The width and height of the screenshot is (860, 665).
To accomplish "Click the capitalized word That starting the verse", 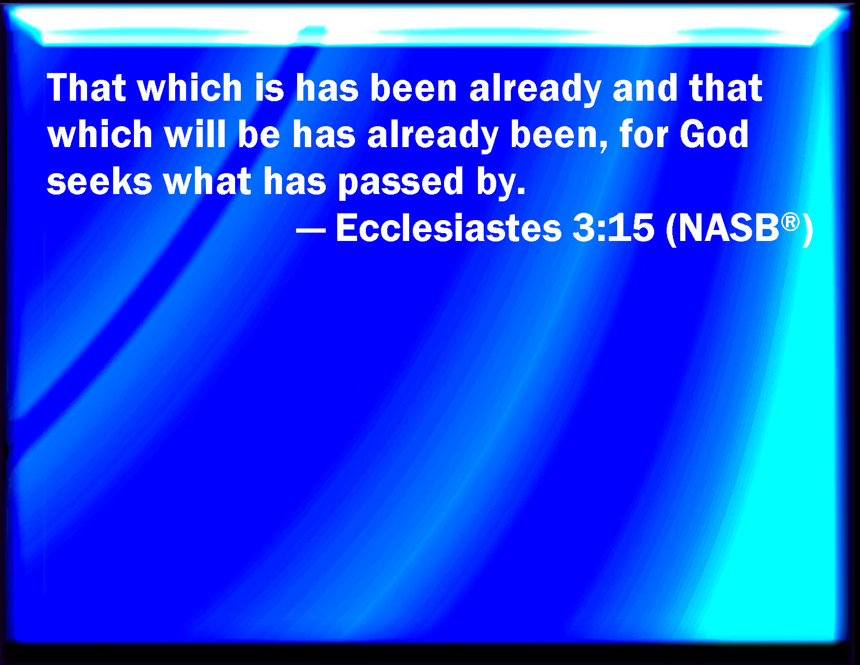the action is (x=87, y=88).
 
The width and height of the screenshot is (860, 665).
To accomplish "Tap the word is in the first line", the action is (x=269, y=88).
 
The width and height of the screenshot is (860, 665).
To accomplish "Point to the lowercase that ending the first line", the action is (x=725, y=88).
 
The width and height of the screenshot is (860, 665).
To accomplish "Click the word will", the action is (x=195, y=134).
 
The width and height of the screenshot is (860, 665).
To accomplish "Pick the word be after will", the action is (x=259, y=134).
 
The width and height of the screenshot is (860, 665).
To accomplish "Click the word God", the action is (x=715, y=134).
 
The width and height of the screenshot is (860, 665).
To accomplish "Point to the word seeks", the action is (x=100, y=181).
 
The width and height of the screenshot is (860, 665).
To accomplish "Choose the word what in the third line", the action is (x=207, y=181).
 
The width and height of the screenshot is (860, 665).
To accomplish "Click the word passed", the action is (x=400, y=183).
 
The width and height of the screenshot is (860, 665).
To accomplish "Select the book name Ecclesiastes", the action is (x=449, y=228).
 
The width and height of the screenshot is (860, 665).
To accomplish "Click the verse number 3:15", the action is (x=613, y=228).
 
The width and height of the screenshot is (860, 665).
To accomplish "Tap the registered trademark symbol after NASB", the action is (x=790, y=222).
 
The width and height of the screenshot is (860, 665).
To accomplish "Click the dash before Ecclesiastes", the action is (x=311, y=229).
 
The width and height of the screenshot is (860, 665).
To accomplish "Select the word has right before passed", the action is (x=294, y=181).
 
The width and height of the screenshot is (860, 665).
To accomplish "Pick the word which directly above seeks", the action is (x=100, y=134).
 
